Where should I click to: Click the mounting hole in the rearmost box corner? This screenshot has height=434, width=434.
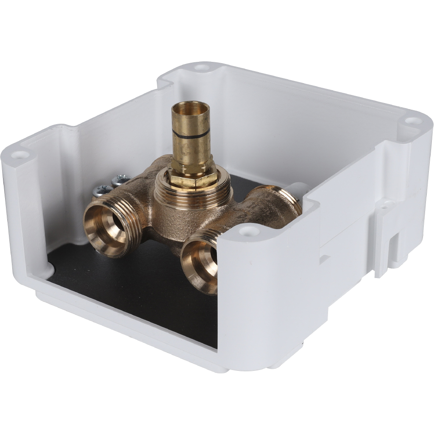coord(202,67)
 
